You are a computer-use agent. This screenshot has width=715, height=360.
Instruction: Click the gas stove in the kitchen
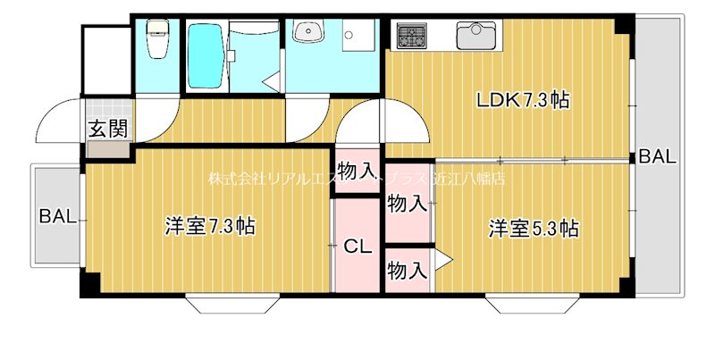[412, 36]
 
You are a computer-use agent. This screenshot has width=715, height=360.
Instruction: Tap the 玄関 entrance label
[108, 128]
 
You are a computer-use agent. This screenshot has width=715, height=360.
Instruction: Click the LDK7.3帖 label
[523, 100]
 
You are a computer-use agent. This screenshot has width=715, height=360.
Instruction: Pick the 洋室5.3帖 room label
[534, 228]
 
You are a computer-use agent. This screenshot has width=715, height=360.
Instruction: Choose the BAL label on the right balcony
[657, 157]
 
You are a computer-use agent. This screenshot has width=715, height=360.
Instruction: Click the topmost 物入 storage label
[357, 170]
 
